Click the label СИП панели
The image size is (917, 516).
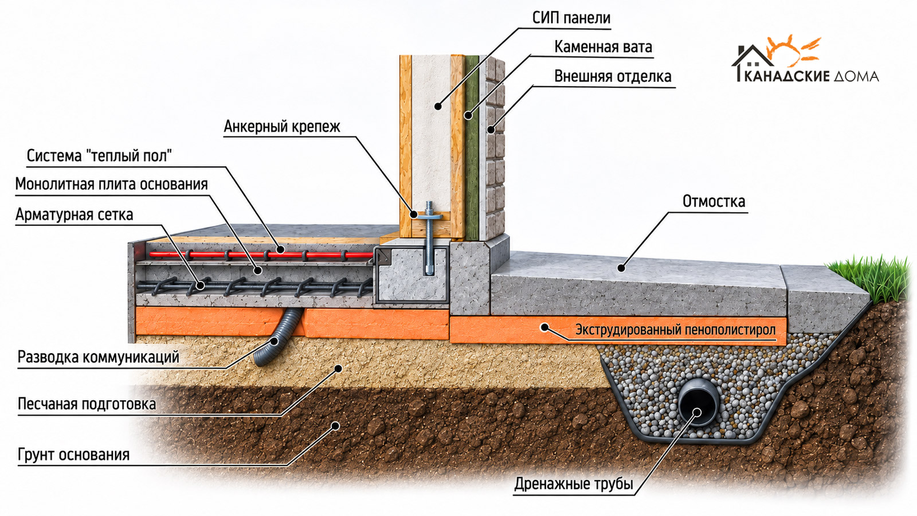[571, 18]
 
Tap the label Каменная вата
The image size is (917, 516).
[603, 47]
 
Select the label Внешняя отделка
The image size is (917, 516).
[613, 77]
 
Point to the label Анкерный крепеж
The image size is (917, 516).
[282, 127]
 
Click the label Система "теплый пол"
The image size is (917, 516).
[99, 156]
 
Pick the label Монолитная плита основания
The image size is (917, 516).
[111, 184]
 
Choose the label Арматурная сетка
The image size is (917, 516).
[74, 214]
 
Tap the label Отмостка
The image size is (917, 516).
[714, 201]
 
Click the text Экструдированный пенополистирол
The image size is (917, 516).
[676, 330]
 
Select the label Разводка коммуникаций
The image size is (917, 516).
[98, 357]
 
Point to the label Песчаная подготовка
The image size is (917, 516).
[87, 404]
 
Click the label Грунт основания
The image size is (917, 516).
[74, 455]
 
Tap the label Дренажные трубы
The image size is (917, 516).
[574, 484]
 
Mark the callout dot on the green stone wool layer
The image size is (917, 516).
[468, 116]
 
